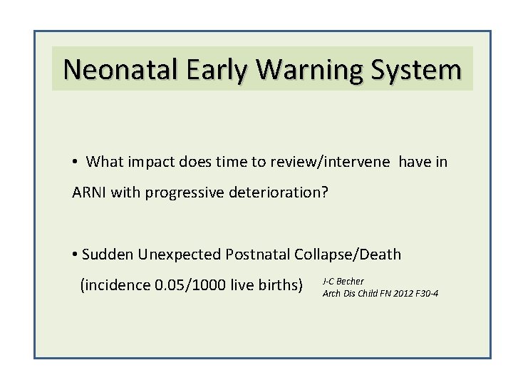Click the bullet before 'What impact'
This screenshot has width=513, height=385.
pyautogui.click(x=76, y=163)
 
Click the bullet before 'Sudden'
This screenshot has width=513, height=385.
pyautogui.click(x=75, y=255)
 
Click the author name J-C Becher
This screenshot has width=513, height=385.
pyautogui.click(x=343, y=282)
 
